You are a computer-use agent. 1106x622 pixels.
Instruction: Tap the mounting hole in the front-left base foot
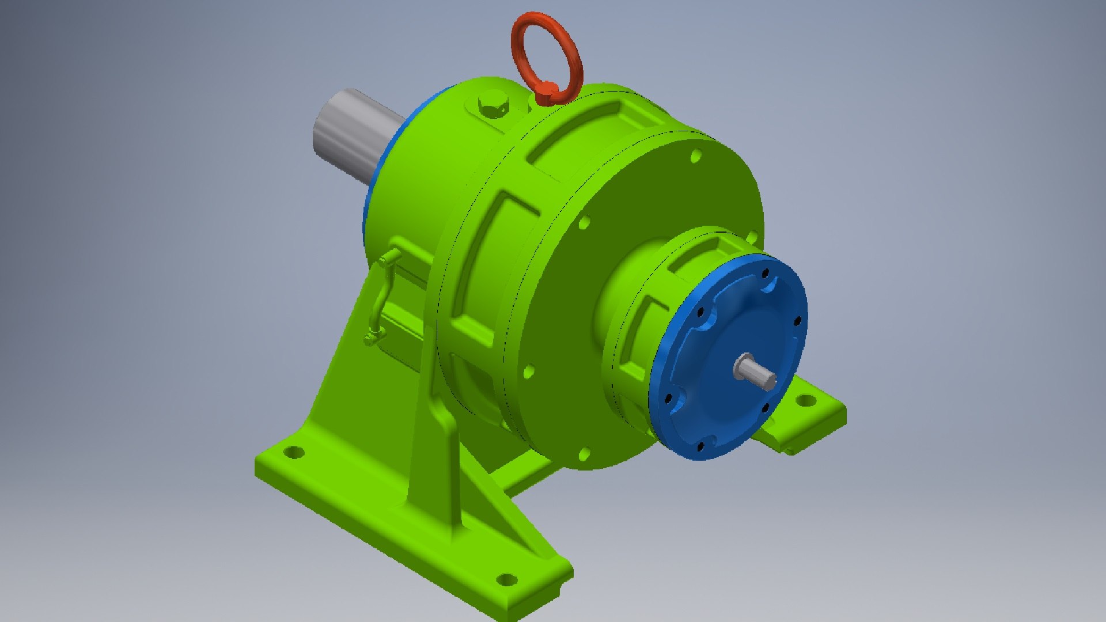pyautogui.click(x=294, y=452)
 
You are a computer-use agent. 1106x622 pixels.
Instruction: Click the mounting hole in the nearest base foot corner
pyautogui.click(x=506, y=579)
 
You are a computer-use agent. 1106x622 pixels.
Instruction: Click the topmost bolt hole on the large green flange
pyautogui.click(x=696, y=155)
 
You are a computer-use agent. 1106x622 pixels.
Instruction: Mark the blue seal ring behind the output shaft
pyautogui.click(x=369, y=196)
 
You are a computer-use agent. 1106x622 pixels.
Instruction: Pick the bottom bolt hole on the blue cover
pyautogui.click(x=701, y=446)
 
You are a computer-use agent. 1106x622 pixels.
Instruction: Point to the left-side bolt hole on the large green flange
pyautogui.click(x=528, y=371)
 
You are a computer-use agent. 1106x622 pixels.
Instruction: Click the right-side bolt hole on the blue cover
pyautogui.click(x=798, y=321)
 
